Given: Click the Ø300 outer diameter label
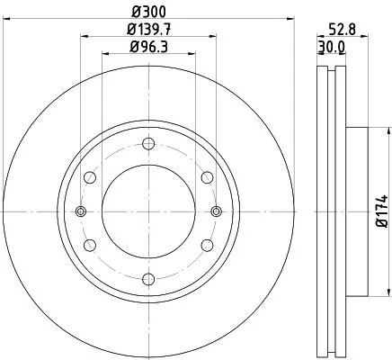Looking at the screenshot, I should point(148,11).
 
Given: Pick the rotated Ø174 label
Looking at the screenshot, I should point(380,211).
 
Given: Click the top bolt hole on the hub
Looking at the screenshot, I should point(149,140).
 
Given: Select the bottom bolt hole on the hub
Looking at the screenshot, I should point(149,281).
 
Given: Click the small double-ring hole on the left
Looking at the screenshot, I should point(80,211).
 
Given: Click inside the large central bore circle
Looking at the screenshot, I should point(149,211).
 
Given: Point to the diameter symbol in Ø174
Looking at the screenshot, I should point(380,229).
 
